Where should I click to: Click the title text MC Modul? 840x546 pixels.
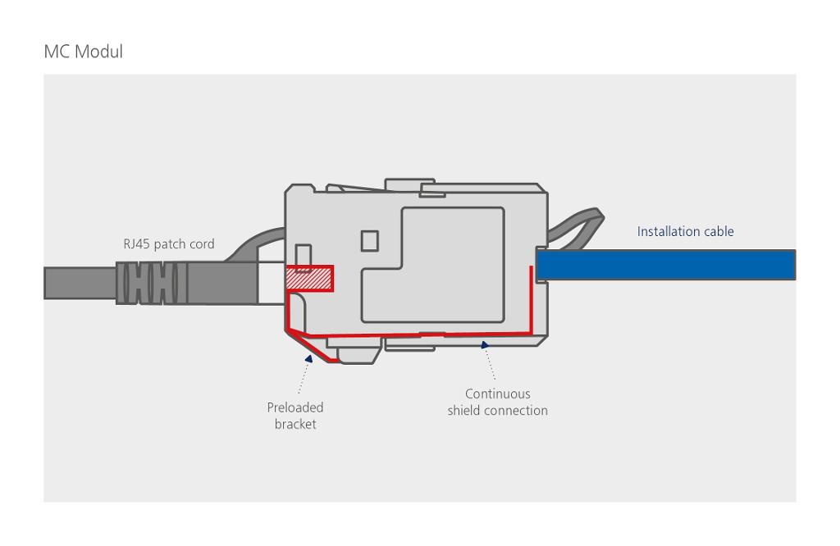click(83, 52)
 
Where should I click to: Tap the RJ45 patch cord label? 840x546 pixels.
click(168, 243)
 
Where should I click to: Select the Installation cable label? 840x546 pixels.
click(685, 231)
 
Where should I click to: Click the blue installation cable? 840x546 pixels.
click(665, 265)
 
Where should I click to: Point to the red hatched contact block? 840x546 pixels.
click(309, 279)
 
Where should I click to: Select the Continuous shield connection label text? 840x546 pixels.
click(497, 402)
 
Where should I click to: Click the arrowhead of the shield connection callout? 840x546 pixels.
click(485, 346)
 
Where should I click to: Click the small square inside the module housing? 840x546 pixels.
click(369, 240)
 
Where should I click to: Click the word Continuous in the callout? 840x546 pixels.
click(497, 394)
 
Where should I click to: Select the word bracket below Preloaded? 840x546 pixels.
click(295, 424)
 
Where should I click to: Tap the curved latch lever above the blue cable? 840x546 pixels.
click(578, 226)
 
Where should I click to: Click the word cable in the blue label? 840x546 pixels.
click(716, 231)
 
